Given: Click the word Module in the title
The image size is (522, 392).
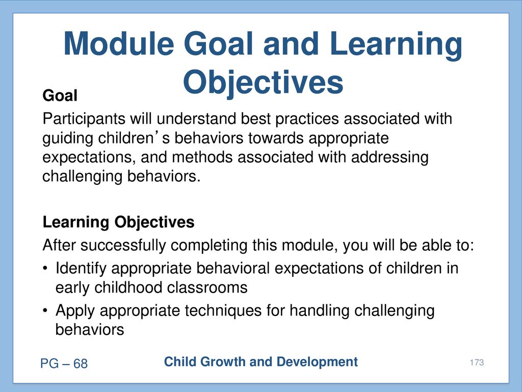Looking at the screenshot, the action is point(119,44).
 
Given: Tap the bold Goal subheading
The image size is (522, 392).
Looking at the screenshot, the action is point(60,95).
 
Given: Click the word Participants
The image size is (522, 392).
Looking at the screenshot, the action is point(84,119).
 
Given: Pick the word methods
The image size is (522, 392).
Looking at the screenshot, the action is point(202,157).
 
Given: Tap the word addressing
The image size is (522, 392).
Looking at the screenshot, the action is point(389,158).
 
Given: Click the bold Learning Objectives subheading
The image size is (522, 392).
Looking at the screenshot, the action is point(118,223).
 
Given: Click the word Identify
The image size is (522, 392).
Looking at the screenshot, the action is point(81,268).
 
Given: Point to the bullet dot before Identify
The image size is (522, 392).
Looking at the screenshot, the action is point(45,268).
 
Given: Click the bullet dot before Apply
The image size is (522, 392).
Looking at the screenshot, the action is point(45,311).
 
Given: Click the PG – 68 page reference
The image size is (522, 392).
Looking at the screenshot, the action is point(64,363).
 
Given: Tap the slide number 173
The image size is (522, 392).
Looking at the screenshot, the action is point(477,362).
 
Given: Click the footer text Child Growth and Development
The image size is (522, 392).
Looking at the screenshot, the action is point(261,362).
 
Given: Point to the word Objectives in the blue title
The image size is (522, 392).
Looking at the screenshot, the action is point(263,83).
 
